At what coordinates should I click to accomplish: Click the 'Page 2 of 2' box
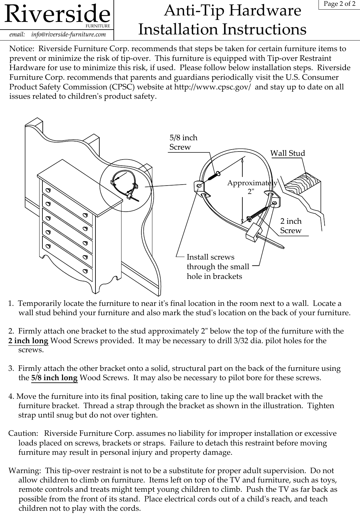pos(339,5)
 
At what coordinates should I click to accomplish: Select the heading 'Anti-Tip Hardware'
pos(232,11)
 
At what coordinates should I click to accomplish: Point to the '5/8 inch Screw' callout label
pos(183,142)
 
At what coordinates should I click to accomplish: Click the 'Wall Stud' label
pos(287,153)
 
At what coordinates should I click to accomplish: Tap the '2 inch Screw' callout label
pos(291,226)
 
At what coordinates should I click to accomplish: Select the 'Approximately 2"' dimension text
pos(252,187)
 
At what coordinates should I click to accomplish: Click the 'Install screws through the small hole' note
pos(218,267)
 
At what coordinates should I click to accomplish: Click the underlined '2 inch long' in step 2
pos(28,341)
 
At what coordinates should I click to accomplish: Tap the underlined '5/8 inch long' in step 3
pos(54,378)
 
